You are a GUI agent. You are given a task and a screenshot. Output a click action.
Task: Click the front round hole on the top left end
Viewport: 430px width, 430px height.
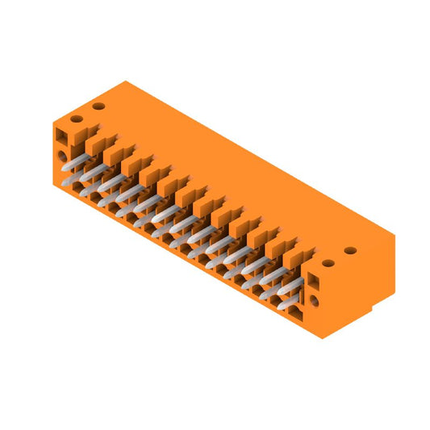78,119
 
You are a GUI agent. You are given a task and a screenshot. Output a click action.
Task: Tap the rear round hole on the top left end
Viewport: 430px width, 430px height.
98,106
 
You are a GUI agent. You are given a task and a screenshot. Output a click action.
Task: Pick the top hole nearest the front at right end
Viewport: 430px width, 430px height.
328,262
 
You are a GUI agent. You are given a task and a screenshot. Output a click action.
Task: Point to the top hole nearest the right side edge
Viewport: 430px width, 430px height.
349,250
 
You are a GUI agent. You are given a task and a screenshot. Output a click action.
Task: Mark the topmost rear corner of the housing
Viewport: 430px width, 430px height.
124,81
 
